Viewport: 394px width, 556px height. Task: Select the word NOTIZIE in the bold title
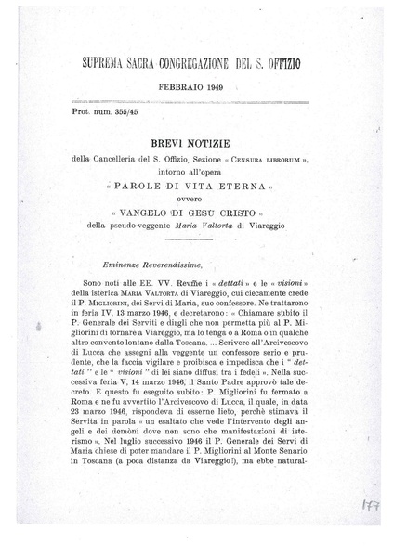point(224,145)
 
